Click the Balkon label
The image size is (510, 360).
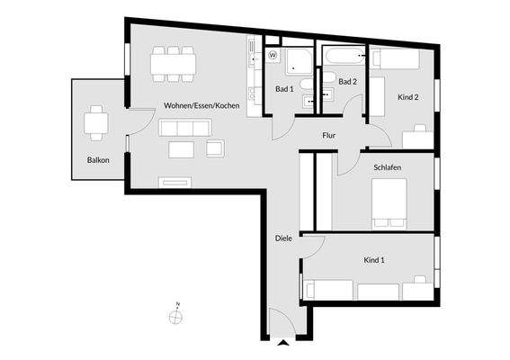(x=98, y=160)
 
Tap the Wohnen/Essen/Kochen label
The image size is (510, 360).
(x=201, y=106)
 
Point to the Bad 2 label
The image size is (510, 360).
(x=348, y=82)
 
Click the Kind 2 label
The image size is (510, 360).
(x=407, y=97)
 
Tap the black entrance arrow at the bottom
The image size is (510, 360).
(x=284, y=343)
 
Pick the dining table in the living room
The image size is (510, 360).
(x=174, y=61)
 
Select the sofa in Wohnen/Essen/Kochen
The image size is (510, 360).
(x=183, y=128)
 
